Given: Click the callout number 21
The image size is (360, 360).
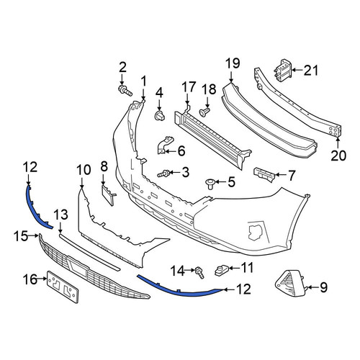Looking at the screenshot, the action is [x=311, y=71].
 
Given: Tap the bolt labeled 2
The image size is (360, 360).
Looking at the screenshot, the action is [x=125, y=90].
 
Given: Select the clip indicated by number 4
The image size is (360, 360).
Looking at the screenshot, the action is [x=160, y=116].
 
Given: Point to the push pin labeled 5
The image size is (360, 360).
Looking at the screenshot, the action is [x=210, y=184].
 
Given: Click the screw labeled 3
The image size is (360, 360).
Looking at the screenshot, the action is [x=163, y=174].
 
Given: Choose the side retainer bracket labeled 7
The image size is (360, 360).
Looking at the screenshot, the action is [x=264, y=174].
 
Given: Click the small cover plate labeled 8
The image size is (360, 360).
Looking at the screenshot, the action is [x=108, y=196].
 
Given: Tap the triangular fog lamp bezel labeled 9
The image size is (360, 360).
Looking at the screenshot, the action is [x=289, y=283].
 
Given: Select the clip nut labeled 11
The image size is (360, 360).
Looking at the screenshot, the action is [x=220, y=270].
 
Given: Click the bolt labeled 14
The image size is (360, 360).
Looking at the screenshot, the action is [x=200, y=272].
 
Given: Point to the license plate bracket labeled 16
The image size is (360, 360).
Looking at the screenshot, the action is [x=63, y=287].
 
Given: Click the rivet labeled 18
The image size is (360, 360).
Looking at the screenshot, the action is [x=204, y=112].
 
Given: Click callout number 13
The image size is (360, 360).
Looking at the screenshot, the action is [x=60, y=215].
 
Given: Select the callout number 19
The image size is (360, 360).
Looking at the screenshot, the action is [x=233, y=63].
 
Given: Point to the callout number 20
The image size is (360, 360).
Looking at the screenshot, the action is [x=338, y=156].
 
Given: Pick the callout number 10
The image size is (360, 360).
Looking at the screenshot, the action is [x=84, y=170].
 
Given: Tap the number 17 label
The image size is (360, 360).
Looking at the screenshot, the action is [x=189, y=87].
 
